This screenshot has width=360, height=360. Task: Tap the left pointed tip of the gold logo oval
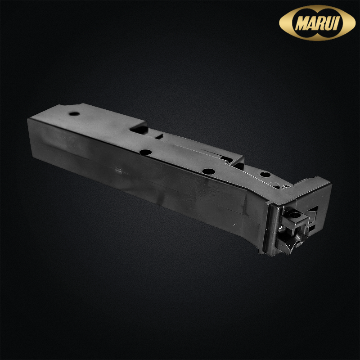(x=279, y=23)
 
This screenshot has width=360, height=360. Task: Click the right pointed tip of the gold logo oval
(x=355, y=22)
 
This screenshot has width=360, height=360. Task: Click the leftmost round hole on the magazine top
(x=74, y=114)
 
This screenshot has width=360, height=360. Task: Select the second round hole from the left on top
(x=146, y=152)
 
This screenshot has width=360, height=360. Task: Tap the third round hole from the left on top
(x=209, y=171)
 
